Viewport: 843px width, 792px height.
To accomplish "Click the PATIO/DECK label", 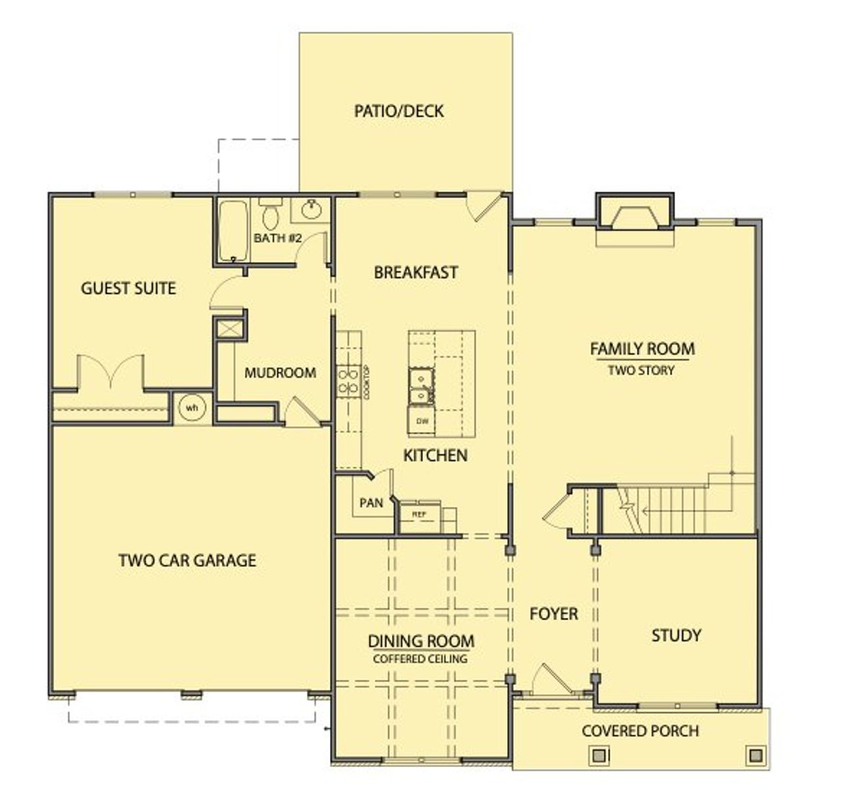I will click(x=398, y=111).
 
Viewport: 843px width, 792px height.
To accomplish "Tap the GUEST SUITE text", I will click(x=128, y=288).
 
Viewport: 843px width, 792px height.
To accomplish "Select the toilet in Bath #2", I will click(x=270, y=214).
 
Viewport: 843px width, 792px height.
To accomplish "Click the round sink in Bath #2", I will click(x=312, y=210).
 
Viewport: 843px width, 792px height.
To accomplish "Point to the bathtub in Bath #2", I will click(x=232, y=230).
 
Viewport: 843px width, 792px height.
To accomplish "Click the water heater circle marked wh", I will click(x=192, y=408).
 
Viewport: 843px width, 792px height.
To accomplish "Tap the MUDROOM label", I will click(x=280, y=373).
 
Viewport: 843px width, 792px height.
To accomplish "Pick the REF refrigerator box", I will click(x=419, y=514).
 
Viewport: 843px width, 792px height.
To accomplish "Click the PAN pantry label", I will click(x=371, y=503).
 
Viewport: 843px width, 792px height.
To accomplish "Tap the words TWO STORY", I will click(x=641, y=371).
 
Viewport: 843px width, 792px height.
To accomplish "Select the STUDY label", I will click(x=676, y=635).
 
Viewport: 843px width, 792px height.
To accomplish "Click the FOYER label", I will click(x=554, y=614).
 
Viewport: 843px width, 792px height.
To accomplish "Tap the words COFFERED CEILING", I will click(x=420, y=658).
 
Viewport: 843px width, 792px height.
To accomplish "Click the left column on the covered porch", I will click(x=600, y=754).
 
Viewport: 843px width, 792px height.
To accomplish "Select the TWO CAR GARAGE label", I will click(x=187, y=560).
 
